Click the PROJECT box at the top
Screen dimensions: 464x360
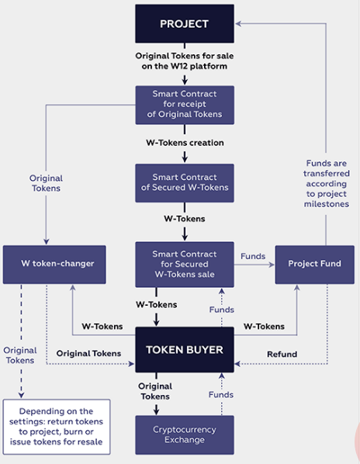point(184,24)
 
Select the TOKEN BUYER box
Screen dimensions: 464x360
point(184,350)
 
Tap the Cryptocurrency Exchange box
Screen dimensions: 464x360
point(184,435)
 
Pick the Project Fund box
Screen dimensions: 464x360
point(314,264)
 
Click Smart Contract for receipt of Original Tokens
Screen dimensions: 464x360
point(184,105)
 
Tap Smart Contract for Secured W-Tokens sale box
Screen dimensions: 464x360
point(184,264)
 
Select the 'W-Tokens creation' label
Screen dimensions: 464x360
point(185,143)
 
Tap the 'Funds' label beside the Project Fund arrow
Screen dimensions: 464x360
point(253,255)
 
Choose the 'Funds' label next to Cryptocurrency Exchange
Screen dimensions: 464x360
point(222,395)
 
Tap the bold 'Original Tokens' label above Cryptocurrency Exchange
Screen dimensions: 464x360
point(156,391)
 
